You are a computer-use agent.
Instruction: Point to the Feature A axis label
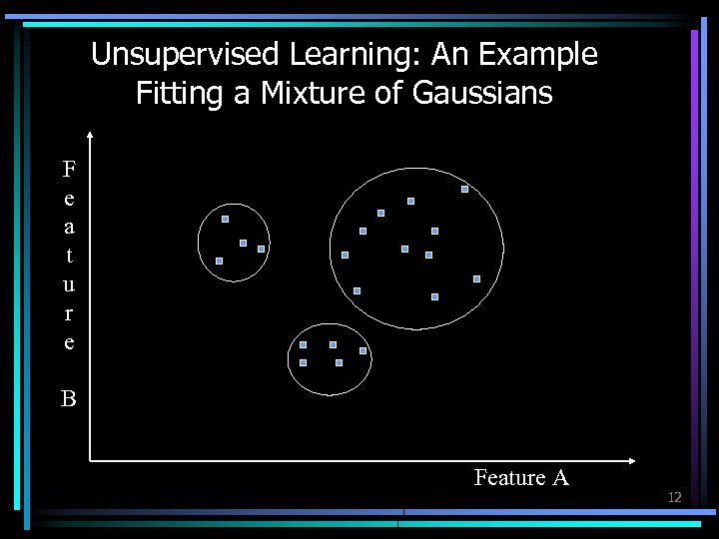[x=521, y=478]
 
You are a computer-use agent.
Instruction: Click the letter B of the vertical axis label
[x=69, y=399]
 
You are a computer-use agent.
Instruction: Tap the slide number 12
[x=674, y=497]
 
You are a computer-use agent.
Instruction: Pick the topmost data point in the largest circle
[x=464, y=189]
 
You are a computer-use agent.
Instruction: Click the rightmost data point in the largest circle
[x=476, y=278]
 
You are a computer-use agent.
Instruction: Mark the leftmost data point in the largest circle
[x=345, y=255]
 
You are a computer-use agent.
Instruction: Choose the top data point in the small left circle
[x=225, y=219]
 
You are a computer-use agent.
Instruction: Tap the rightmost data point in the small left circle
[x=261, y=249]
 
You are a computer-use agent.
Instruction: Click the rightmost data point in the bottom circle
[x=362, y=351]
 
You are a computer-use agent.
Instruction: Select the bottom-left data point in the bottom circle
[x=303, y=362]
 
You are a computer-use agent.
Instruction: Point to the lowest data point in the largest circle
[x=434, y=296]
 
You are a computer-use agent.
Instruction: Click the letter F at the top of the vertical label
[x=69, y=167]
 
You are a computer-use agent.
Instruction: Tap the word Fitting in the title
[x=170, y=94]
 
